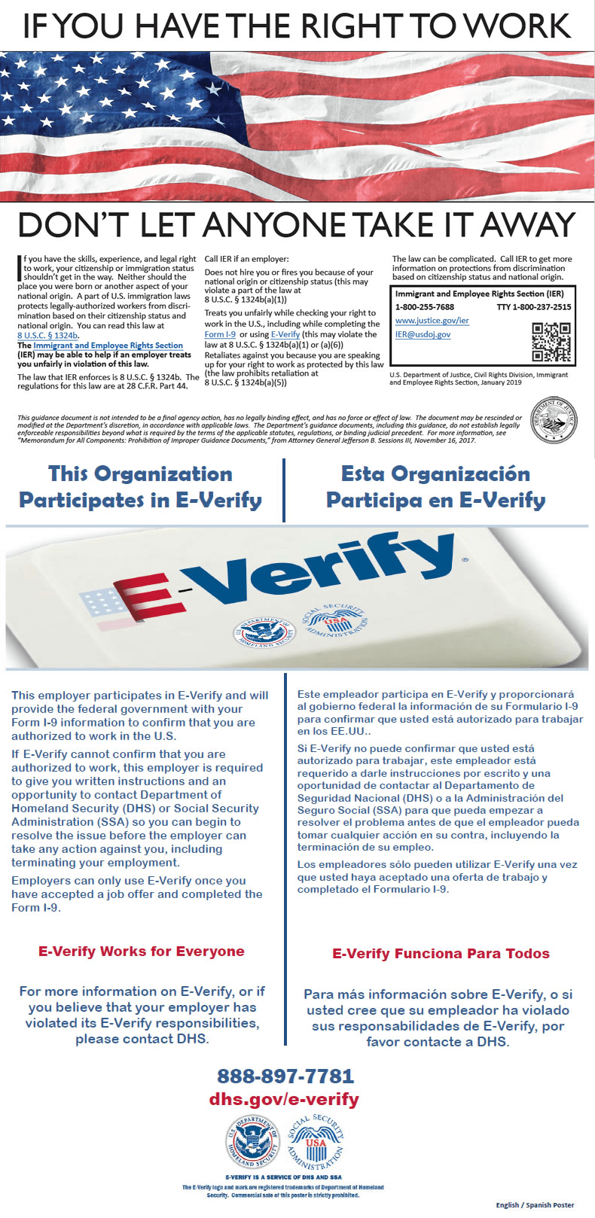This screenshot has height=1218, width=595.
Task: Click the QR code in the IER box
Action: (x=551, y=342)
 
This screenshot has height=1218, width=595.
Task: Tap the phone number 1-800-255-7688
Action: (x=425, y=307)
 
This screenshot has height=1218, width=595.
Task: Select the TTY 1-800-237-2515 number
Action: (x=533, y=307)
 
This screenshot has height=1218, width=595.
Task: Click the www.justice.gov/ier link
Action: (x=432, y=321)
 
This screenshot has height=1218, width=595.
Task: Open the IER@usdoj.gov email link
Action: (x=423, y=334)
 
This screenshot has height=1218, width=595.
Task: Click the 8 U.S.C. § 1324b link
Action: (x=47, y=336)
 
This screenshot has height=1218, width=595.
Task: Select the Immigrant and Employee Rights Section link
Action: (x=108, y=346)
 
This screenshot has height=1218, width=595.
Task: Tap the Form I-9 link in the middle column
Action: (x=220, y=334)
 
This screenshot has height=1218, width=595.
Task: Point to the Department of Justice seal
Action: (x=554, y=421)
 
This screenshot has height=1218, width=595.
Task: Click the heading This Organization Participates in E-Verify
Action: (x=141, y=487)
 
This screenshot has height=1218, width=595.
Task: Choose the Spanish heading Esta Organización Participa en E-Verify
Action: (x=436, y=487)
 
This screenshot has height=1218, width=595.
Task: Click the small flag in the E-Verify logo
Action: (x=106, y=603)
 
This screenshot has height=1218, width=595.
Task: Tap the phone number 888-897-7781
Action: (x=285, y=1076)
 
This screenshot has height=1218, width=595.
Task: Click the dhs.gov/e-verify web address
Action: (x=284, y=1099)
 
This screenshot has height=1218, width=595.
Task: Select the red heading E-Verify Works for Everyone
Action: (x=142, y=952)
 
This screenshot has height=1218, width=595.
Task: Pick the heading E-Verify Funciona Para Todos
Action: (x=441, y=954)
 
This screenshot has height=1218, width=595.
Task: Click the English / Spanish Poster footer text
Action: (x=535, y=1205)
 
